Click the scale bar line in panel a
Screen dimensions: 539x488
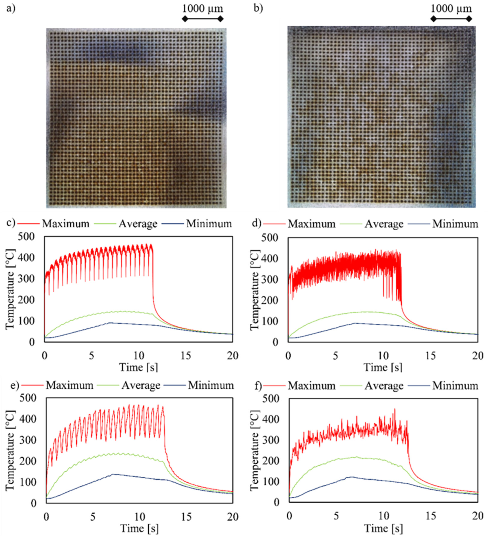203,19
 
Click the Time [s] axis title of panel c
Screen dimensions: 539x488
138,367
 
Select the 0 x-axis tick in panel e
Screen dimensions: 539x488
46,517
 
